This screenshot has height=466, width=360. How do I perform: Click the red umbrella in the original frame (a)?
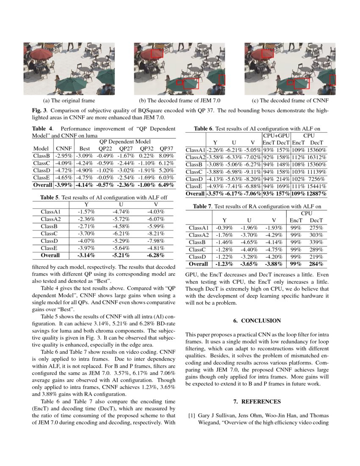coord(42,54)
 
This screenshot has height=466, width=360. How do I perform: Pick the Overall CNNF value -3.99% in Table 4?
coord(64,185)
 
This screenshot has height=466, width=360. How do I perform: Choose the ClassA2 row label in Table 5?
coord(51,219)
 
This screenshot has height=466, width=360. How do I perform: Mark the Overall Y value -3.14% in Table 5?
coord(86,255)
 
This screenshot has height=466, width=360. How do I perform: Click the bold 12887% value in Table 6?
coord(317,194)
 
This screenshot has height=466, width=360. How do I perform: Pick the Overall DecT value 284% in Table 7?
coord(316,264)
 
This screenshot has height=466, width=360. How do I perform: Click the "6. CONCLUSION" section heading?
coord(257,321)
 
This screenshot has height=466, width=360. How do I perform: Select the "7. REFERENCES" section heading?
coord(257,401)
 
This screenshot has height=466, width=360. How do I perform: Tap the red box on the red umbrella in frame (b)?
coord(157,53)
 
